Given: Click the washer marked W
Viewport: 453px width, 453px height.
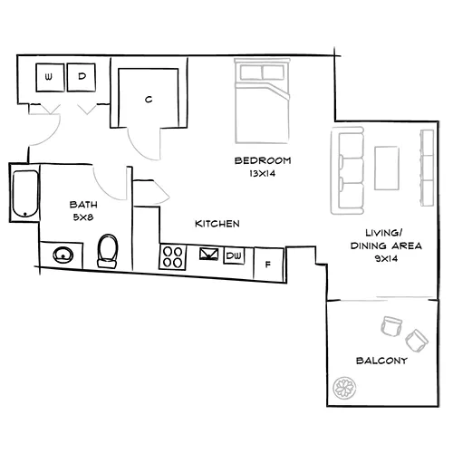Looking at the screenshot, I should click(48, 78).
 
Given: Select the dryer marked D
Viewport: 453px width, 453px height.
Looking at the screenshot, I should click(82, 78).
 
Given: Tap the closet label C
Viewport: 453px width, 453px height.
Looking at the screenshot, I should click(148, 100).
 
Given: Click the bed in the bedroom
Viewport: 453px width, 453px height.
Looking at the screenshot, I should click(262, 100).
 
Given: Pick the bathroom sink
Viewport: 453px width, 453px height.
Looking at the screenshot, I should click(63, 255).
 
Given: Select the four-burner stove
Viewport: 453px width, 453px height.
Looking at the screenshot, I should click(173, 257).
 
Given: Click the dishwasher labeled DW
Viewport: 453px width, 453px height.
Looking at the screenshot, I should click(234, 256).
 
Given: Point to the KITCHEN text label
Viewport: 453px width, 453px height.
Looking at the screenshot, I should click(217, 223).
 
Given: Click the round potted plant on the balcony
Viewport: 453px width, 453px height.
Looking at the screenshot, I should click(344, 388).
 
